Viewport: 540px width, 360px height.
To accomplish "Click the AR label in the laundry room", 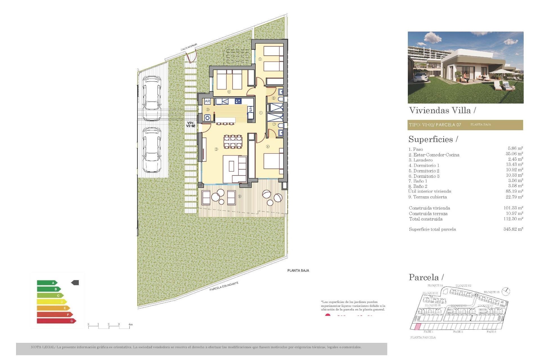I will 207,101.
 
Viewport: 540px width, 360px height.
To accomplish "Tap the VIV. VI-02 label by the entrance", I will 190,125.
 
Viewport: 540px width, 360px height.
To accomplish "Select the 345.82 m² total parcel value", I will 513,229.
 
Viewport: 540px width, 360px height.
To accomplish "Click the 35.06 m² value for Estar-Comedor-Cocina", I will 514,154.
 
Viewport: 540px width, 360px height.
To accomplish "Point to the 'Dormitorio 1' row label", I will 424,165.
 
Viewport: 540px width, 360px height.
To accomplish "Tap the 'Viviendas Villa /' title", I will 442,110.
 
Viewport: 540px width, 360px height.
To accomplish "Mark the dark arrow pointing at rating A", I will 75,283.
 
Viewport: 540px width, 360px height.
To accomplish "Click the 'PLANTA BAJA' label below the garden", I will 298,271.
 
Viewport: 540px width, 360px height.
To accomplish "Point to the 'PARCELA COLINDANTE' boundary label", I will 224,286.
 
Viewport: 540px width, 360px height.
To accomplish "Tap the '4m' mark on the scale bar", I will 130,325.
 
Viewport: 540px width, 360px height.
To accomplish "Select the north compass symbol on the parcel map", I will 506,292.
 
